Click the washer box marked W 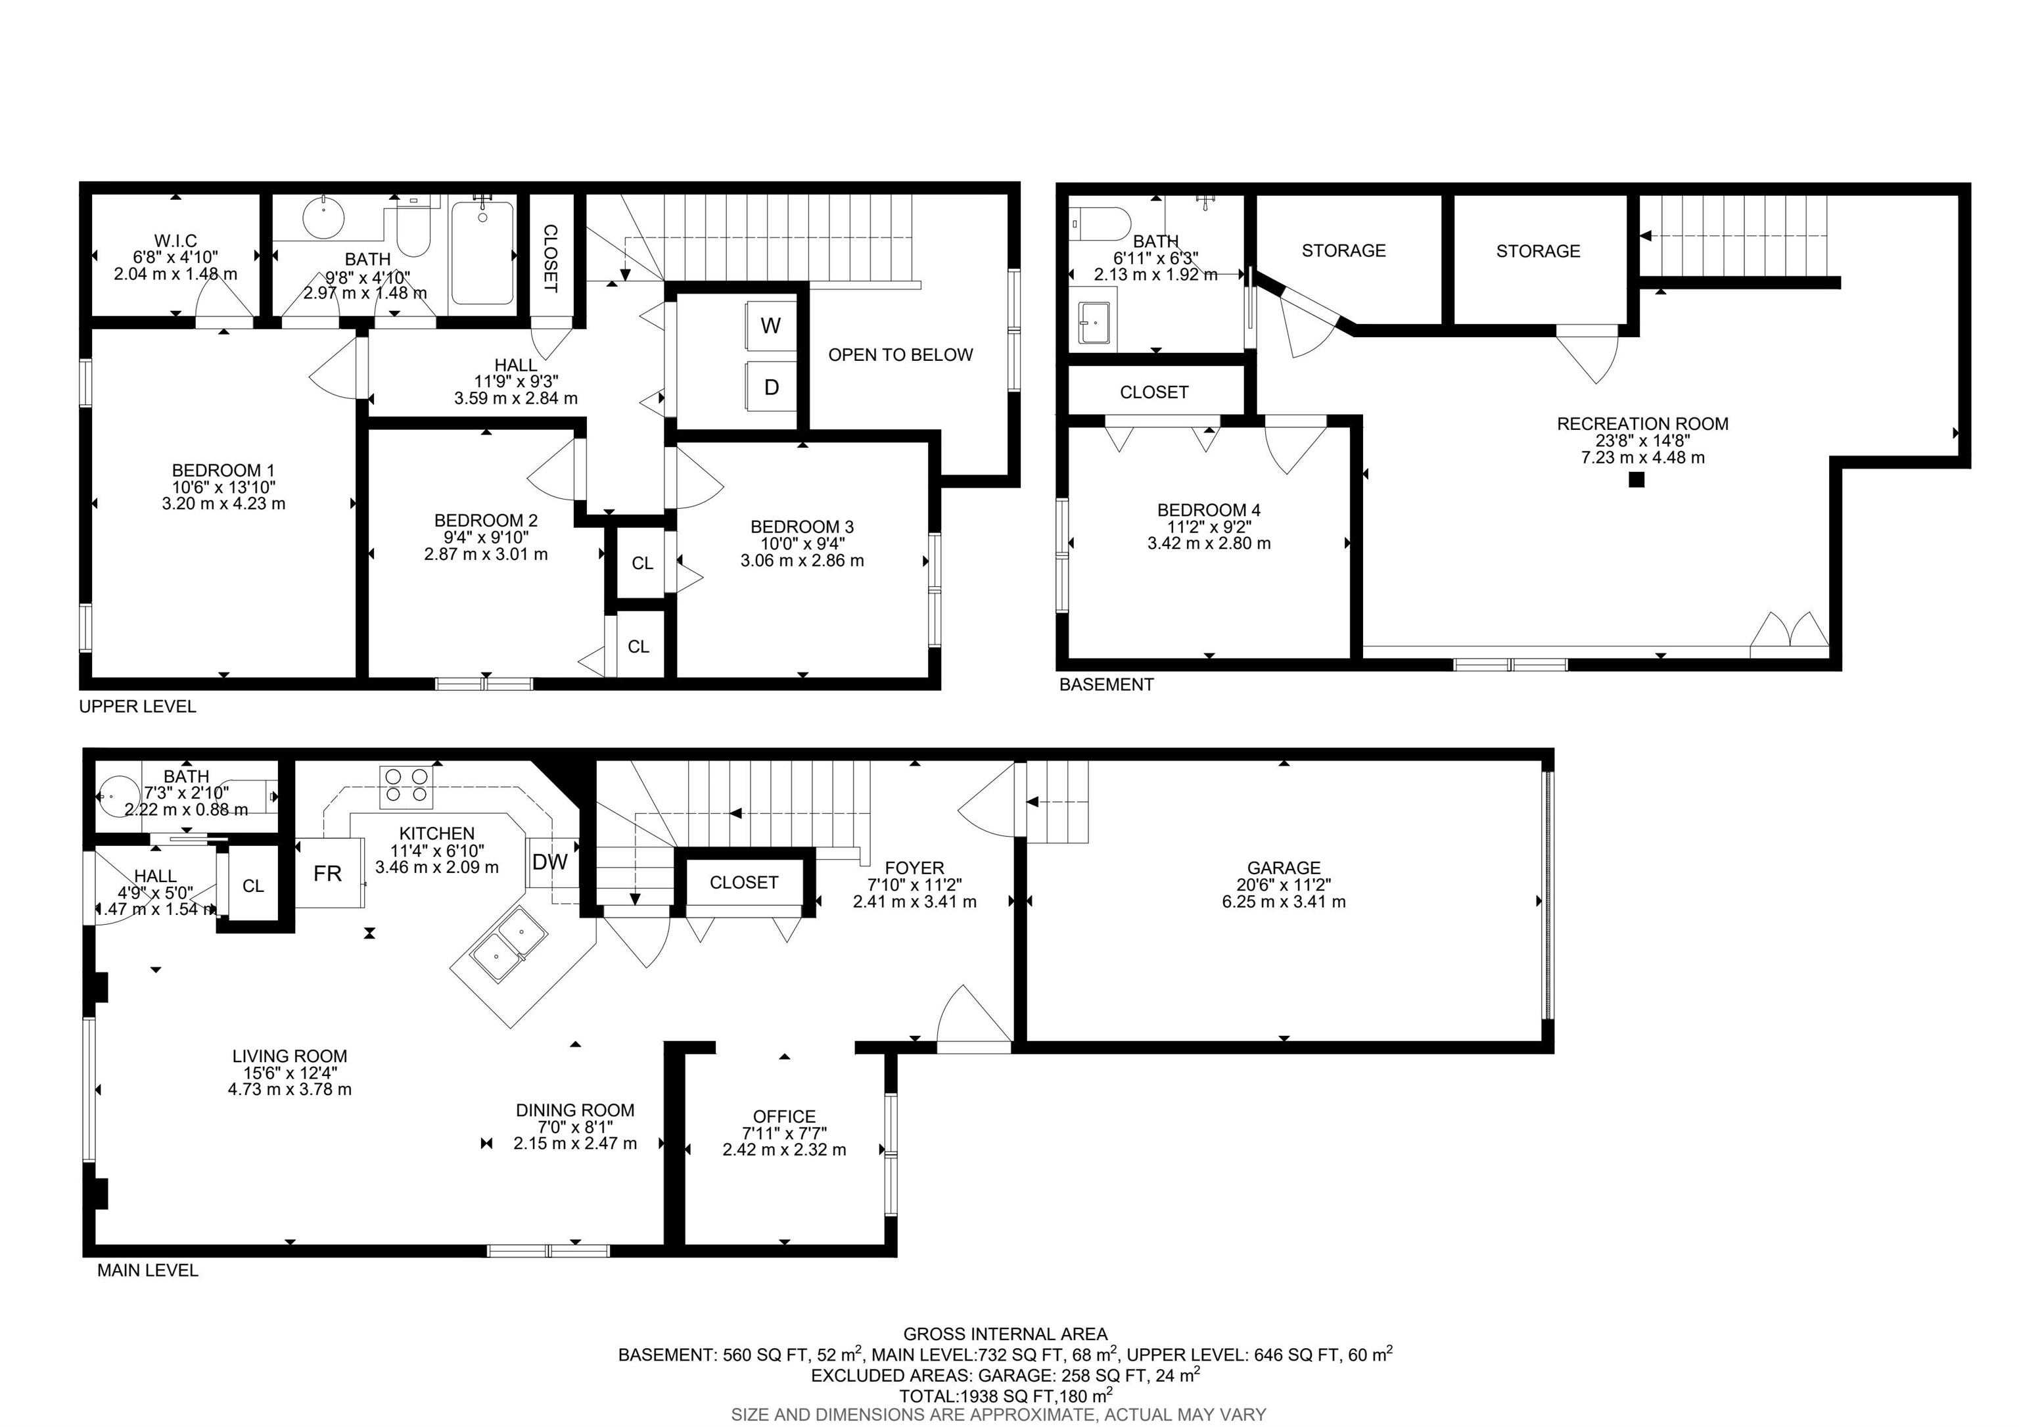(x=771, y=325)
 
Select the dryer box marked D (x=771, y=387)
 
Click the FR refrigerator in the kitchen (x=329, y=873)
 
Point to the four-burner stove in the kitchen (x=406, y=787)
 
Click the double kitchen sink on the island (x=505, y=938)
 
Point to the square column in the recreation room (x=1636, y=480)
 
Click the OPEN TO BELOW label (x=900, y=354)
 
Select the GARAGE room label (x=1284, y=868)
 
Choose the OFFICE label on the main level (x=784, y=1117)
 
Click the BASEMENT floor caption (x=1106, y=684)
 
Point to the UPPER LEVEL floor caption (x=138, y=706)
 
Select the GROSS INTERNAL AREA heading (x=1005, y=1334)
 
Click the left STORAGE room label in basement (x=1343, y=250)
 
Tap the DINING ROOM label (x=575, y=1110)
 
